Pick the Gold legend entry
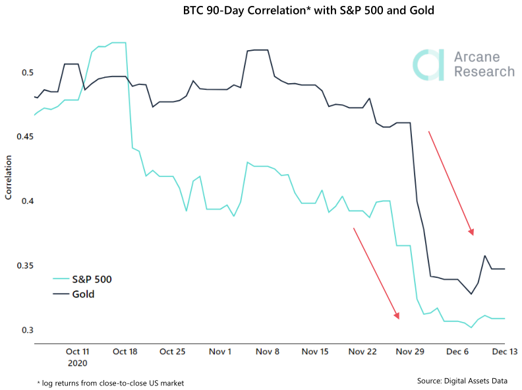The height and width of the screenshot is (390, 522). (x=82, y=294)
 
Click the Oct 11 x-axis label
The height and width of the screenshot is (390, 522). (x=77, y=352)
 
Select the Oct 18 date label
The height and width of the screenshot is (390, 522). (x=125, y=352)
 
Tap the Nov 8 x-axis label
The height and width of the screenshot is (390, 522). (x=267, y=352)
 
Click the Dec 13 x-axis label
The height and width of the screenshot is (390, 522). (x=504, y=352)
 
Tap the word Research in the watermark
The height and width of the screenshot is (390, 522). (x=484, y=71)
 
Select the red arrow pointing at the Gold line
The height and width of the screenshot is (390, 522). (x=451, y=183)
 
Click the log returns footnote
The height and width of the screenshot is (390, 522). (x=110, y=383)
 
